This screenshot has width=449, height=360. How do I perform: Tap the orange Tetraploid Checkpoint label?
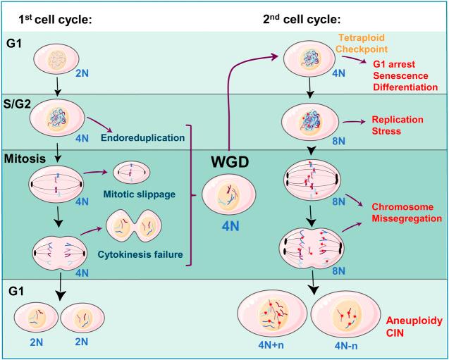pyautogui.click(x=362, y=43)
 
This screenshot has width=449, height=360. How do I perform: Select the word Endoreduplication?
pyautogui.click(x=142, y=137)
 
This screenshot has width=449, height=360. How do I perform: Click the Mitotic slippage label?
pyautogui.click(x=139, y=194)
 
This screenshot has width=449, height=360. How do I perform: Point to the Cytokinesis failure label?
pyautogui.click(x=140, y=254)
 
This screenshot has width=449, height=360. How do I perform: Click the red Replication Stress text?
pyautogui.click(x=398, y=125)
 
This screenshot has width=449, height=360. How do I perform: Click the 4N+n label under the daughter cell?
pyautogui.click(x=271, y=345)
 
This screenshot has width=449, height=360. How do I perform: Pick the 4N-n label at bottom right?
pyautogui.click(x=346, y=346)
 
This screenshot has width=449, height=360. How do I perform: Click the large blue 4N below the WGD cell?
pyautogui.click(x=230, y=227)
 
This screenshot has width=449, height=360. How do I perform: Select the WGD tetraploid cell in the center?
pyautogui.click(x=229, y=194)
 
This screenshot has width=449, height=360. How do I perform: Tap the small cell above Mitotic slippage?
pyautogui.click(x=131, y=173)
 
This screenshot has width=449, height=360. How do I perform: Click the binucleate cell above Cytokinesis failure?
pyautogui.click(x=134, y=226)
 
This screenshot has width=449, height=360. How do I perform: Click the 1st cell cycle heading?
pyautogui.click(x=55, y=20)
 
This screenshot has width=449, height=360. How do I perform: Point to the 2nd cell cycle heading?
pyautogui.click(x=302, y=20)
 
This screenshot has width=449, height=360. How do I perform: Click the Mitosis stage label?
pyautogui.click(x=25, y=159)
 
